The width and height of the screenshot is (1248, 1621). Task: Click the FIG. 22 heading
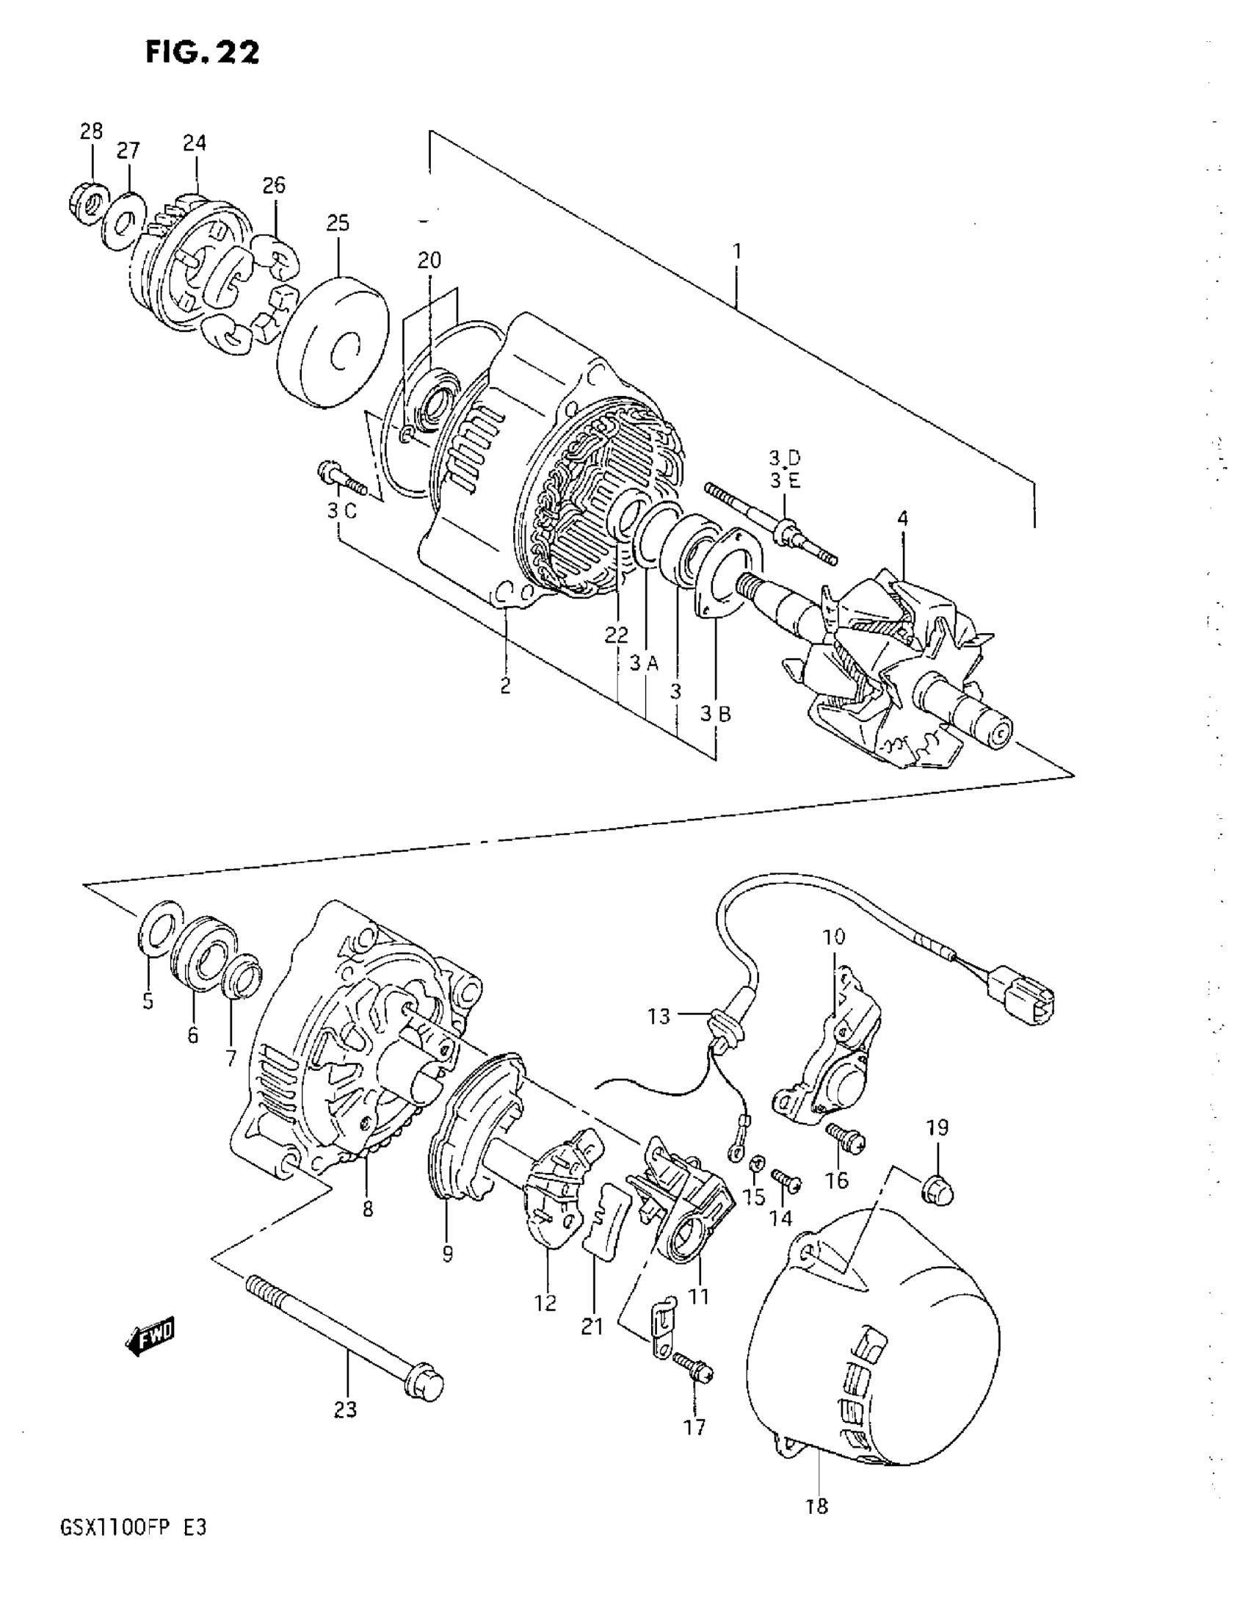[x=202, y=53]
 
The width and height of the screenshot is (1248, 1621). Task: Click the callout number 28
[x=91, y=131]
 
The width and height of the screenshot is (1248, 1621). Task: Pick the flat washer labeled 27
[x=123, y=220]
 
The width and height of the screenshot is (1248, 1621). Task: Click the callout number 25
[x=338, y=223]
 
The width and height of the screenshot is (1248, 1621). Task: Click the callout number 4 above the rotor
[x=902, y=519]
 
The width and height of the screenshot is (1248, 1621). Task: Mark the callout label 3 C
[x=341, y=511]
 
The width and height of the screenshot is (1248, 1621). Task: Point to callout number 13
[x=658, y=1016]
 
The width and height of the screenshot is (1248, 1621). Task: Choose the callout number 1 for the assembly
[x=736, y=252]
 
